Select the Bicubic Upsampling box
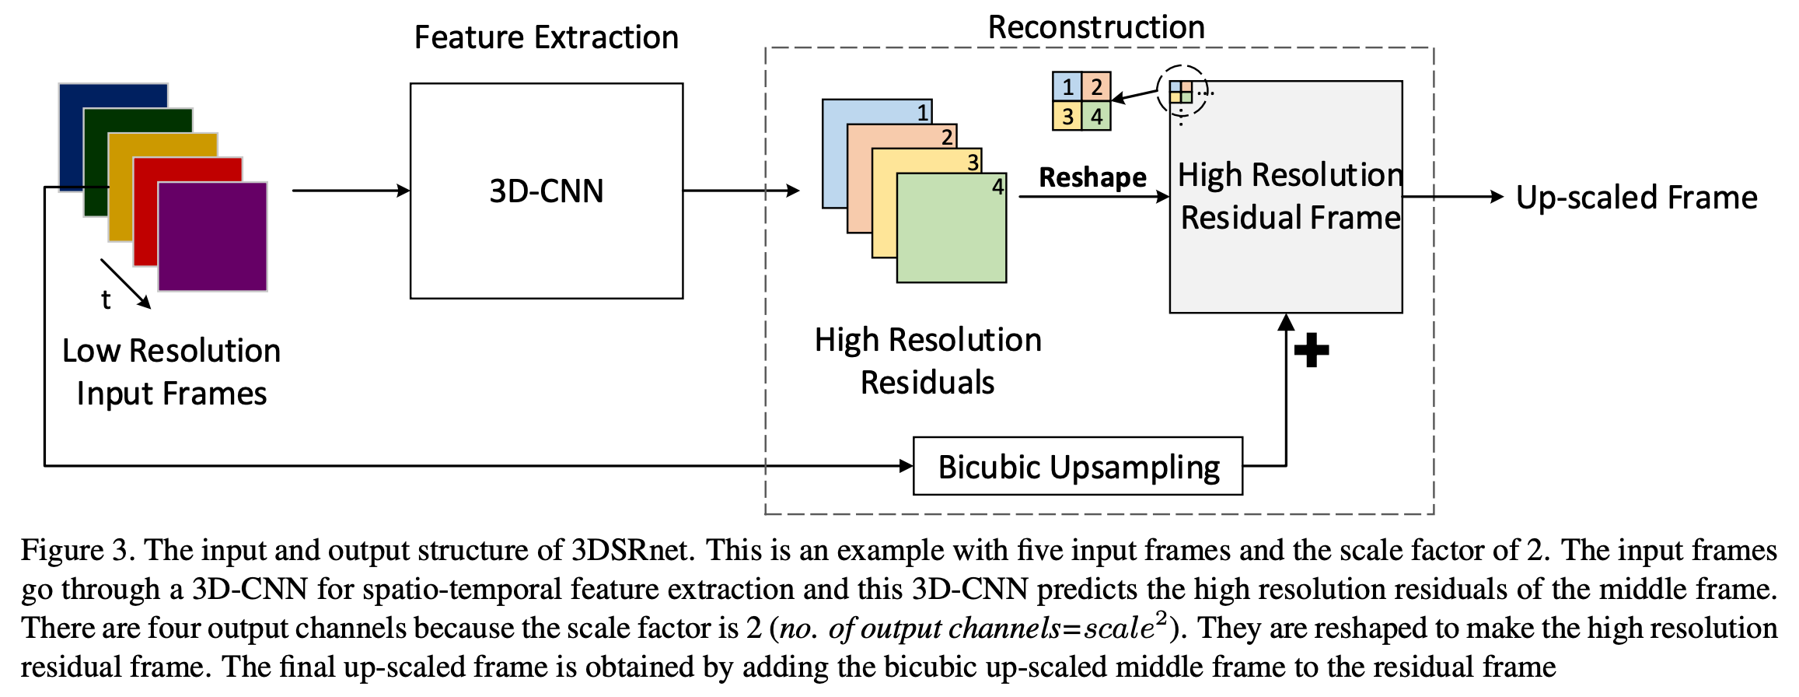(x=1078, y=466)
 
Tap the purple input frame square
(x=213, y=237)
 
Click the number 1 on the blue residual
(x=922, y=113)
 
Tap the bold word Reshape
(x=1092, y=177)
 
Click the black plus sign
(x=1312, y=350)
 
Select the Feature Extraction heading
(x=546, y=37)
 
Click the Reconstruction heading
(x=1096, y=27)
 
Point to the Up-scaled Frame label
(x=1637, y=198)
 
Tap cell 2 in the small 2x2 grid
(x=1096, y=86)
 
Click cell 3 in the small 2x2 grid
(x=1067, y=116)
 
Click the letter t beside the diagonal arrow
(x=106, y=299)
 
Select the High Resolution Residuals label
(x=927, y=361)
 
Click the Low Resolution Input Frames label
(x=171, y=372)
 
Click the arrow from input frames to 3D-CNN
(x=350, y=191)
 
